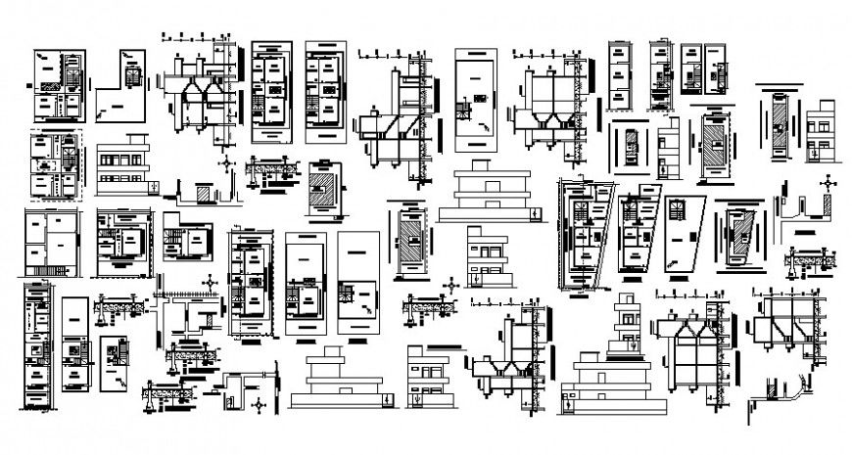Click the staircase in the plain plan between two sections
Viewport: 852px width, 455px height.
click(479, 99)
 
